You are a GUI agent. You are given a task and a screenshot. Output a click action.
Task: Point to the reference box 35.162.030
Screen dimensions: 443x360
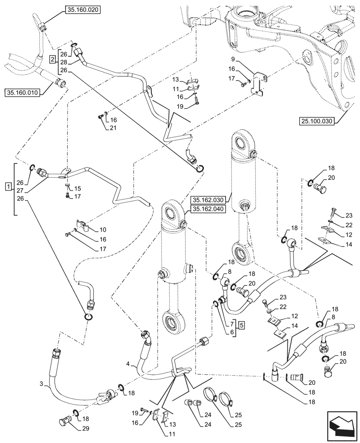[209, 199]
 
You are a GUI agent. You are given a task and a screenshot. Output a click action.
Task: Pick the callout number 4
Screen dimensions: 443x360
[128, 365]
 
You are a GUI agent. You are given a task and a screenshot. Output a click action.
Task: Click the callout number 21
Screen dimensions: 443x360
[113, 128]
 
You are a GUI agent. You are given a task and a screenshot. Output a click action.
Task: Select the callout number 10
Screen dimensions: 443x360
[103, 230]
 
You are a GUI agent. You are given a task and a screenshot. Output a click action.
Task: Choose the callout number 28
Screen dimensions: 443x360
[64, 62]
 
